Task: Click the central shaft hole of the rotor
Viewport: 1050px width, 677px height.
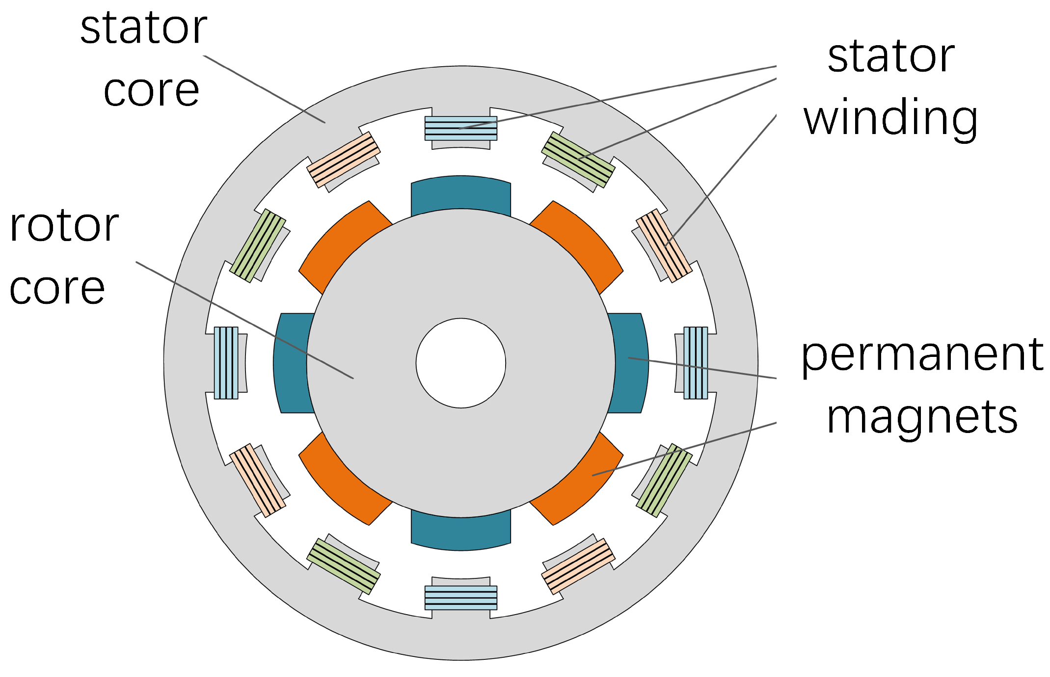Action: click(x=460, y=363)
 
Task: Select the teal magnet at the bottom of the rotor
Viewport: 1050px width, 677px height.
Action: click(x=460, y=533)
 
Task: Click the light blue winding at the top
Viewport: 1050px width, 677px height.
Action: click(x=460, y=128)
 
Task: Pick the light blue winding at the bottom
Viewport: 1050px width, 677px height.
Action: click(x=460, y=597)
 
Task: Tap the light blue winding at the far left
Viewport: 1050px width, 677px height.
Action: click(x=226, y=363)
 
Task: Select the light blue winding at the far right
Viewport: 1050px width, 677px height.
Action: click(x=696, y=363)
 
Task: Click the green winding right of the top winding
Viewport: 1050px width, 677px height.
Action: click(x=578, y=160)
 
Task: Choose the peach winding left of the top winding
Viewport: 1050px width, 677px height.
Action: click(x=343, y=160)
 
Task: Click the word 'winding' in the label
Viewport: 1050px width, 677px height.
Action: click(x=890, y=118)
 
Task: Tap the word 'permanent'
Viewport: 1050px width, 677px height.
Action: click(x=922, y=356)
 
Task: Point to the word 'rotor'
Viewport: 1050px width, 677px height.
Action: click(x=64, y=226)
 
